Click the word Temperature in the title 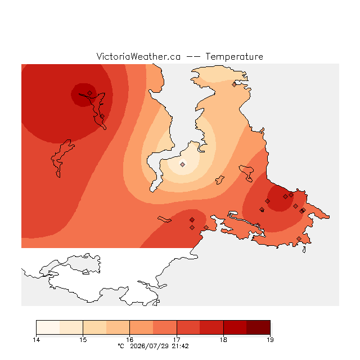click(x=234, y=57)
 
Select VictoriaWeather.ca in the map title click(x=138, y=56)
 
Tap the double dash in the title click(x=193, y=57)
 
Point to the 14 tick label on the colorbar click(x=36, y=340)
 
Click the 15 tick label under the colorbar click(x=83, y=340)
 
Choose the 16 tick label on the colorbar click(x=130, y=340)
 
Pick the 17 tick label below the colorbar click(x=177, y=340)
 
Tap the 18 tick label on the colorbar click(x=223, y=340)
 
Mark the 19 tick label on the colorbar click(x=270, y=340)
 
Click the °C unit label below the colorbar click(x=121, y=346)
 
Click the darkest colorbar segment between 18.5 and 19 click(x=258, y=327)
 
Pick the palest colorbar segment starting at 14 click(x=48, y=327)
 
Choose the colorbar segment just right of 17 click(x=188, y=327)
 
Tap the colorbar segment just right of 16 click(x=141, y=327)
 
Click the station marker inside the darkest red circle click(x=90, y=93)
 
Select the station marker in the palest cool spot click(x=182, y=164)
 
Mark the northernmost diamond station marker click(x=234, y=85)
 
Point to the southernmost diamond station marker click(x=299, y=238)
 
